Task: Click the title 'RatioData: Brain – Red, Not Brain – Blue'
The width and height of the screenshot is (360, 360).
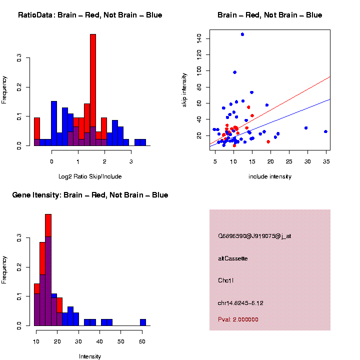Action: [x=90, y=15]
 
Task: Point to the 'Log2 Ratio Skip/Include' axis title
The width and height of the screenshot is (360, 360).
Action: [x=90, y=176]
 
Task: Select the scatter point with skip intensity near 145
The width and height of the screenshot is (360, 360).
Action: [x=242, y=34]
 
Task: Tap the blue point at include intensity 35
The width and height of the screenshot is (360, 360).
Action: [x=325, y=131]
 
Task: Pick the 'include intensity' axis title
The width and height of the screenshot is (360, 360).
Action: [x=270, y=176]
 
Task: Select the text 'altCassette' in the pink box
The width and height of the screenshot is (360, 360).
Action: [x=233, y=258]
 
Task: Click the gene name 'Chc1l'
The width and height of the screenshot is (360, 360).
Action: [x=226, y=280]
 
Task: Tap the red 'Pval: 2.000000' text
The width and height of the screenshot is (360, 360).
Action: [x=238, y=319]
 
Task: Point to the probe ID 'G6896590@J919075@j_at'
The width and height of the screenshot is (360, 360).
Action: [x=254, y=236]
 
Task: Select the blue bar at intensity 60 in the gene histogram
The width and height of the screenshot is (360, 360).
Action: [x=143, y=322]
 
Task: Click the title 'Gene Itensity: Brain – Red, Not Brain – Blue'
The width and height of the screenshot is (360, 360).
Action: [x=90, y=195]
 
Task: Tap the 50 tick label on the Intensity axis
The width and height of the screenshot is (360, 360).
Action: [x=121, y=333]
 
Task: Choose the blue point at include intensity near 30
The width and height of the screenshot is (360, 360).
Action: [x=306, y=128]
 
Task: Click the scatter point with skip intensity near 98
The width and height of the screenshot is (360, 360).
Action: [x=234, y=72]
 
